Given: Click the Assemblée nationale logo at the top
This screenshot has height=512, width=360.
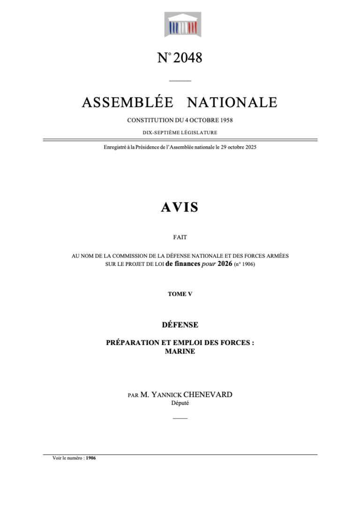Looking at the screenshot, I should (x=180, y=25).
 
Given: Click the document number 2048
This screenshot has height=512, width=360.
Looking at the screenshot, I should (x=187, y=58).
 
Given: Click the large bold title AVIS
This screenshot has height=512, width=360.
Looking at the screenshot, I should (x=180, y=207).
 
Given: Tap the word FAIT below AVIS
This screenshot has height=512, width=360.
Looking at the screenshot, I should (x=180, y=237).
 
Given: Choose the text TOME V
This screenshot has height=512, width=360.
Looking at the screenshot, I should (x=180, y=294).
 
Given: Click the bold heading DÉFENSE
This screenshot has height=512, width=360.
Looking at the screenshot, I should (x=180, y=324).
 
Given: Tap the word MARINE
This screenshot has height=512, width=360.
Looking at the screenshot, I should (x=180, y=351).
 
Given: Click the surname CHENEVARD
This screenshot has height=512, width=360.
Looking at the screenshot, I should (x=209, y=395).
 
